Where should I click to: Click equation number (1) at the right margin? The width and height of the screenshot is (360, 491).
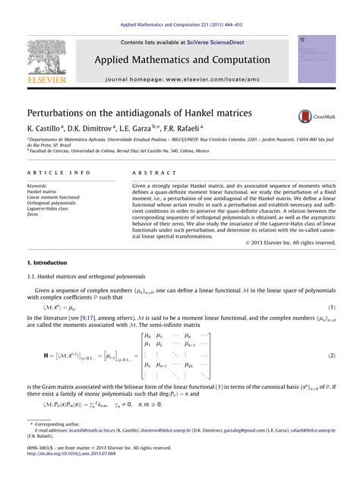pyautogui.click(x=332, y=306)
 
